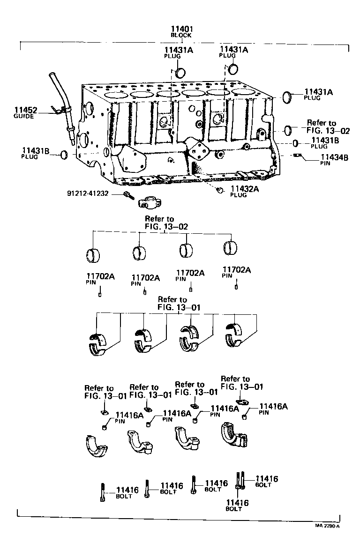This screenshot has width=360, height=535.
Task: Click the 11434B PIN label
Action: (x=334, y=160)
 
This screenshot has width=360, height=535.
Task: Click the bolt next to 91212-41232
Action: (x=127, y=195)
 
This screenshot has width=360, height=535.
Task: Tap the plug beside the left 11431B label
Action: (x=64, y=155)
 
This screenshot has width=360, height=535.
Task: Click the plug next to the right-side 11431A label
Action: (x=287, y=97)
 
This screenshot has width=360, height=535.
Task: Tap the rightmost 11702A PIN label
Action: (x=236, y=272)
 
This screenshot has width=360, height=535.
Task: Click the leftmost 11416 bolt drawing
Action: (x=102, y=492)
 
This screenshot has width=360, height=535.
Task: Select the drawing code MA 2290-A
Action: (x=327, y=527)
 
